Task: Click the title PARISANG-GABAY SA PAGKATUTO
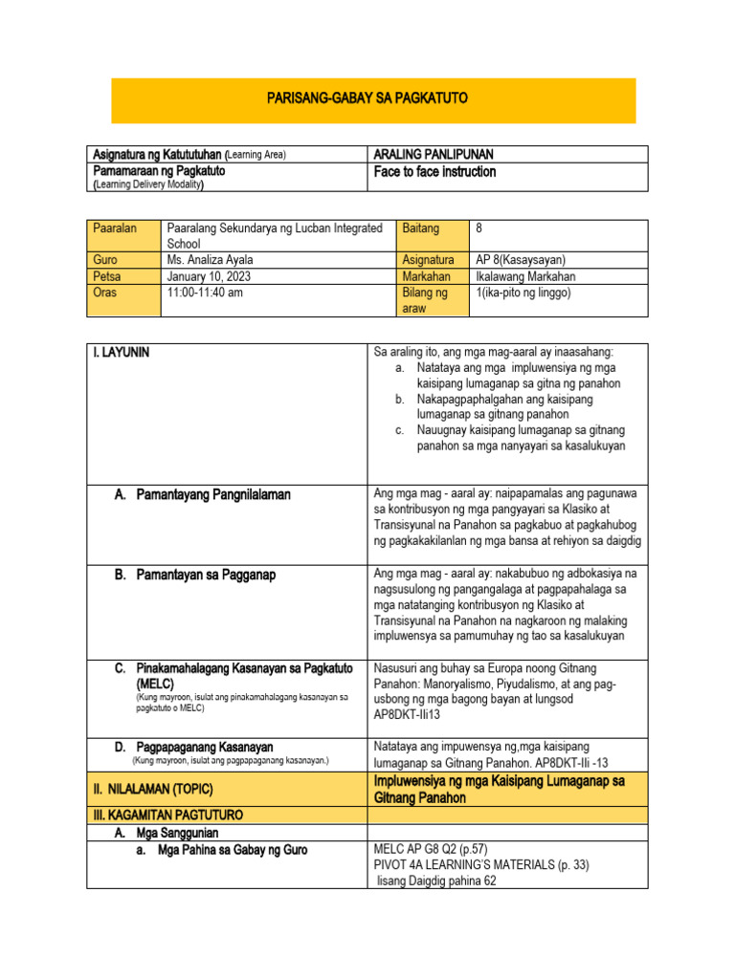pyautogui.click(x=373, y=99)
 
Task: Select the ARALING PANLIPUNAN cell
pyautogui.click(x=433, y=155)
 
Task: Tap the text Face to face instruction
pyautogui.click(x=434, y=172)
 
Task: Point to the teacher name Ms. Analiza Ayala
pyautogui.click(x=212, y=260)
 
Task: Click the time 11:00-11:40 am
pyautogui.click(x=205, y=293)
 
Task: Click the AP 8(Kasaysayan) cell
pyautogui.click(x=521, y=260)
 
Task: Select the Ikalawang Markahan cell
pyautogui.click(x=526, y=276)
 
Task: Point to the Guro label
pyautogui.click(x=105, y=260)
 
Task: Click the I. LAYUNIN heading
pyautogui.click(x=121, y=353)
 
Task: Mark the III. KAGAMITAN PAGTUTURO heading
pyautogui.click(x=167, y=816)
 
